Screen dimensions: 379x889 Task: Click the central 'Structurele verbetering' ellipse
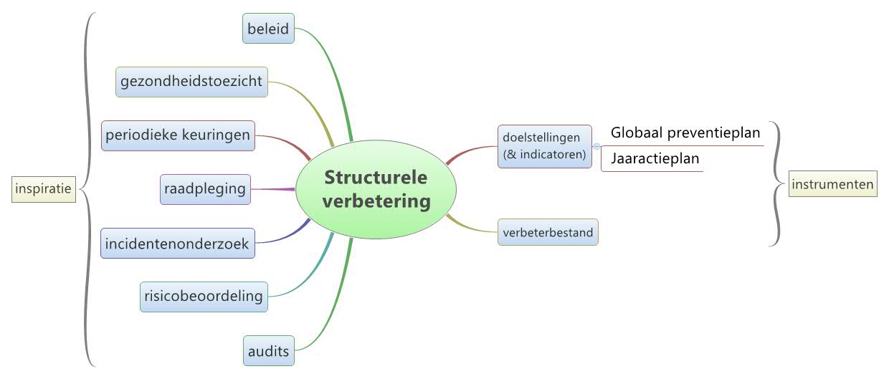click(376, 189)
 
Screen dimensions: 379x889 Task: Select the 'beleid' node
click(268, 29)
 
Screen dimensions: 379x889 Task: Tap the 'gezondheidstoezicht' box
click(192, 82)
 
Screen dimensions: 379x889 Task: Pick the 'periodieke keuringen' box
click(178, 135)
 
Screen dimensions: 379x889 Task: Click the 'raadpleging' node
click(205, 189)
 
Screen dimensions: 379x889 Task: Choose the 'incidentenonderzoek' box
click(177, 244)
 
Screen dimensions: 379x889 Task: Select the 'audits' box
click(268, 351)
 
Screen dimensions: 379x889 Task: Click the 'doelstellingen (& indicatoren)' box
click(544, 146)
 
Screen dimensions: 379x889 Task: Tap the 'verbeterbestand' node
click(548, 232)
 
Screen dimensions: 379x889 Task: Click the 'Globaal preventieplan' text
click(685, 133)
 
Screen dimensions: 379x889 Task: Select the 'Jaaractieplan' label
click(655, 159)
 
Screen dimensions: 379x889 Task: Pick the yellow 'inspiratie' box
click(44, 189)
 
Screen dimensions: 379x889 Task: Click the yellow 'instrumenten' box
click(832, 185)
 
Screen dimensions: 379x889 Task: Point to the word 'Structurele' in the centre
click(376, 177)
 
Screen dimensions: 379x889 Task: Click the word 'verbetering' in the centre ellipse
click(376, 201)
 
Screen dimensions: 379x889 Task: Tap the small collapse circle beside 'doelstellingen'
click(596, 146)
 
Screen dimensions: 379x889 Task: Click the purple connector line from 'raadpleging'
click(272, 189)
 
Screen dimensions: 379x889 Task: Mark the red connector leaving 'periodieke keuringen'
click(283, 140)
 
